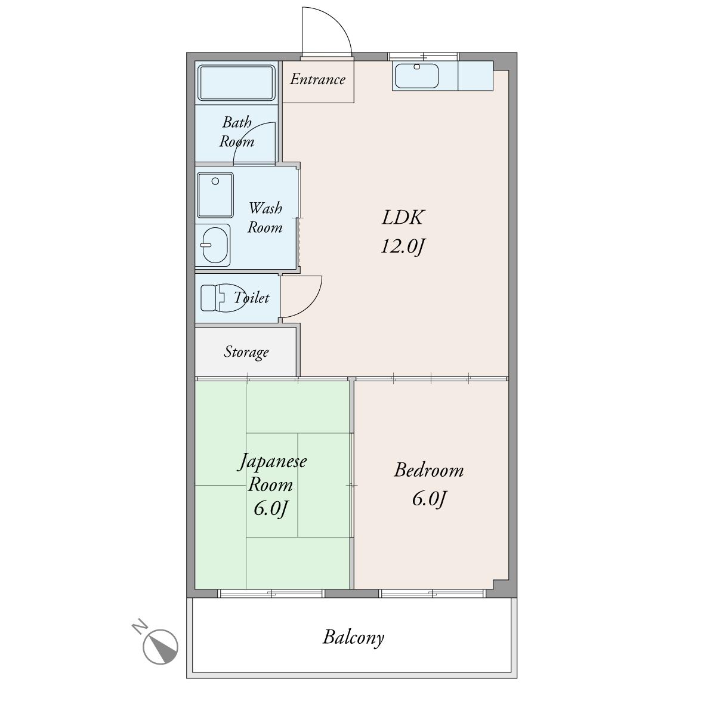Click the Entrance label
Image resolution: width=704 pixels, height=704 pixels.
(x=317, y=79)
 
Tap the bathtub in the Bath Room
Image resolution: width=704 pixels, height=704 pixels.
(x=236, y=82)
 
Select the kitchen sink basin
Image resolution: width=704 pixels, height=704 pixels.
(x=416, y=76)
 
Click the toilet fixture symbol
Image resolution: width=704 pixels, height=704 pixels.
(x=223, y=297)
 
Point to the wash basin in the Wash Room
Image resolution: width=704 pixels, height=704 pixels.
(x=216, y=245)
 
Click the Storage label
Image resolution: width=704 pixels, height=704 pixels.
(x=246, y=352)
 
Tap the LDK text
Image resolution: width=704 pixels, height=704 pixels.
(x=402, y=217)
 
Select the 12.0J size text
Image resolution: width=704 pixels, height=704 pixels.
(x=402, y=246)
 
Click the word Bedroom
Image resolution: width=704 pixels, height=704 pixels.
(x=429, y=470)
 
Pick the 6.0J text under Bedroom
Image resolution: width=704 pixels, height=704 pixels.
(x=429, y=499)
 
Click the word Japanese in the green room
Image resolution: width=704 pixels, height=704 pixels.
(x=272, y=462)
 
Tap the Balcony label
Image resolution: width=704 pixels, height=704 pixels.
(x=353, y=638)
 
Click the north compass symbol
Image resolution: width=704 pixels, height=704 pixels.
(x=160, y=647)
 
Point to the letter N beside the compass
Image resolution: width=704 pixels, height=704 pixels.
(x=140, y=626)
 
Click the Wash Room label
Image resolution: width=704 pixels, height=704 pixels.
(x=265, y=218)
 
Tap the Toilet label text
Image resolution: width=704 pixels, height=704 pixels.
(x=251, y=298)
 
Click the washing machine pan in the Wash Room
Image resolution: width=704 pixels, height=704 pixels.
(x=215, y=195)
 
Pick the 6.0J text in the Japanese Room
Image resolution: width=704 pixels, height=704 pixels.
(x=270, y=509)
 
